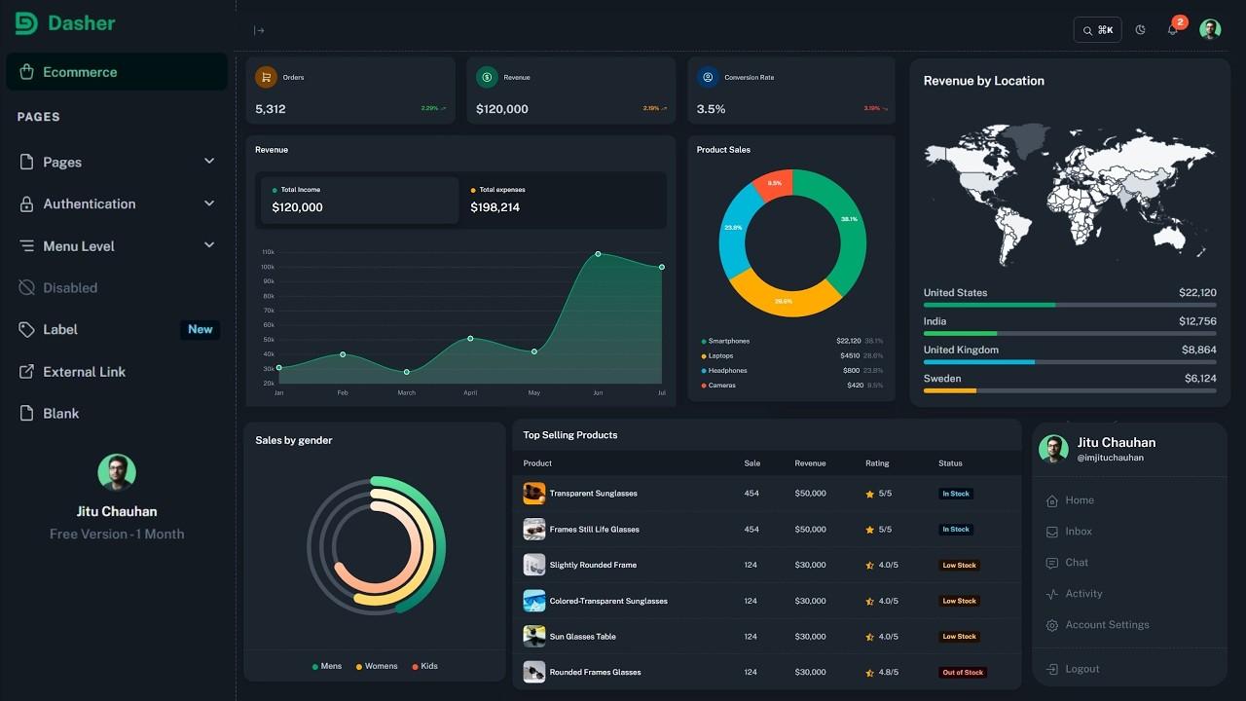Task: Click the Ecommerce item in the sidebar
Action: pos(80,72)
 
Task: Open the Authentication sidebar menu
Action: pos(90,203)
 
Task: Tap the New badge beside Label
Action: pos(201,329)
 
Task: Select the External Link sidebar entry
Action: pos(84,372)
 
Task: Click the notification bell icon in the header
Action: pos(1172,30)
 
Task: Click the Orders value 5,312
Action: pos(271,109)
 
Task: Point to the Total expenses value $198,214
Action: pos(495,207)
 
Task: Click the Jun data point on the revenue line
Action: pos(598,254)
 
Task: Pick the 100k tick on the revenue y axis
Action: pos(268,267)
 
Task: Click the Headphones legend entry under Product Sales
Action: pos(727,371)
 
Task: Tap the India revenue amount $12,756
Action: pos(1197,321)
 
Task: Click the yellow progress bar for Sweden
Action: pos(950,390)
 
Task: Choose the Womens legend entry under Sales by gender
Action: pos(381,666)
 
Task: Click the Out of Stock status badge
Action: pos(962,673)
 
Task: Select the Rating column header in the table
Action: pos(877,463)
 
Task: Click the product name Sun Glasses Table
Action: pos(582,637)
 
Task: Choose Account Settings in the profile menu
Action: pos(1107,625)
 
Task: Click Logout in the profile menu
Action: pos(1081,669)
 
